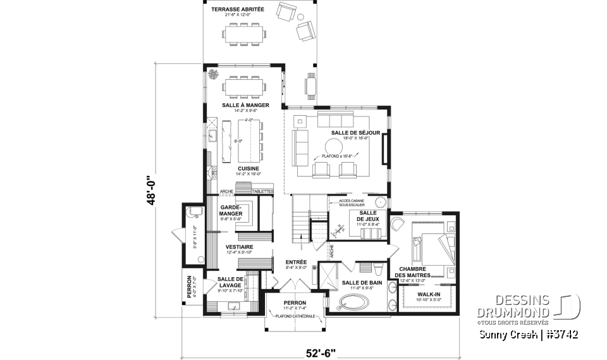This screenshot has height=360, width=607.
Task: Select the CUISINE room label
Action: point(231,168)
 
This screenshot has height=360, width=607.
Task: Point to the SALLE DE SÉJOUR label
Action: point(355,132)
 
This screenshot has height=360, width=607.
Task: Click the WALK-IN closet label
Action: point(428,295)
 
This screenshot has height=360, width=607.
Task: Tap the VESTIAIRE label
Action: point(240,247)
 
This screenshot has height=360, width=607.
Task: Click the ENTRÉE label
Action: point(295,262)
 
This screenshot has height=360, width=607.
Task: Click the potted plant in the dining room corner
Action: point(213,74)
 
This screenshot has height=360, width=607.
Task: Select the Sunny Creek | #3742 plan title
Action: point(528,334)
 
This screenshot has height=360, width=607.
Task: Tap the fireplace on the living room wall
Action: point(385,147)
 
